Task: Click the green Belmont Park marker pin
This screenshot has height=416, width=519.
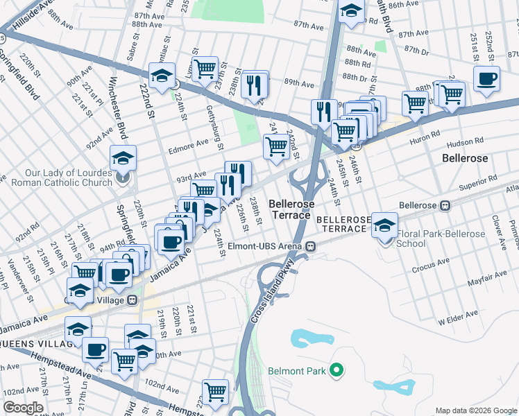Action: pos(337,371)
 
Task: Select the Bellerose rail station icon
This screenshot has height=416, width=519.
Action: pos(445,205)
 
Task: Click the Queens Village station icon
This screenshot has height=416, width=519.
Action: pos(131,300)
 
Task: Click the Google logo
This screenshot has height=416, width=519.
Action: pos(23,408)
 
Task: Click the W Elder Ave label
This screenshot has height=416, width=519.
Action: pos(458,319)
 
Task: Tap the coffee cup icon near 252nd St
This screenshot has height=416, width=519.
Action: pos(486,78)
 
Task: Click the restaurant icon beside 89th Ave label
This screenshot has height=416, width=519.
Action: pos(255,85)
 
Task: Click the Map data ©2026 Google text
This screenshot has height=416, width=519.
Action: pos(475,410)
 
